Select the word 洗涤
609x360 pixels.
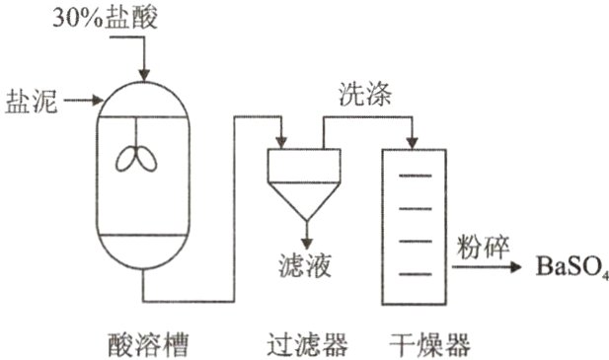(x=367, y=96)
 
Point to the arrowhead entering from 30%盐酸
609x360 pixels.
(x=145, y=73)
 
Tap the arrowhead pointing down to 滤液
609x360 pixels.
(x=305, y=243)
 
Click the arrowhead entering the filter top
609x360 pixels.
(x=281, y=142)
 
